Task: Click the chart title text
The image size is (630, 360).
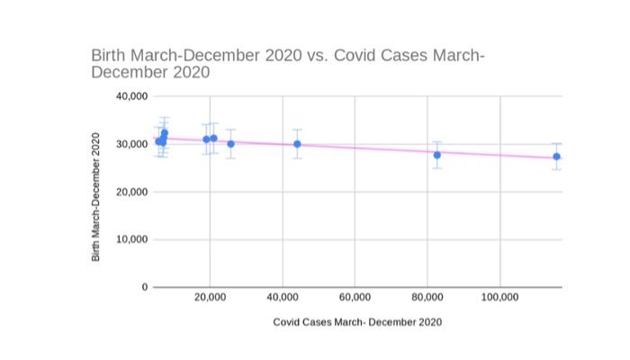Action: click(288, 63)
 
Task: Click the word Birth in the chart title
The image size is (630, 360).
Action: click(110, 55)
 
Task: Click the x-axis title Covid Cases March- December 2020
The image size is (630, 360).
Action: click(357, 321)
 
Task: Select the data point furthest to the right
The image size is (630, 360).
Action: click(557, 157)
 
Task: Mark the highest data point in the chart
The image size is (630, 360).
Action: click(165, 133)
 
